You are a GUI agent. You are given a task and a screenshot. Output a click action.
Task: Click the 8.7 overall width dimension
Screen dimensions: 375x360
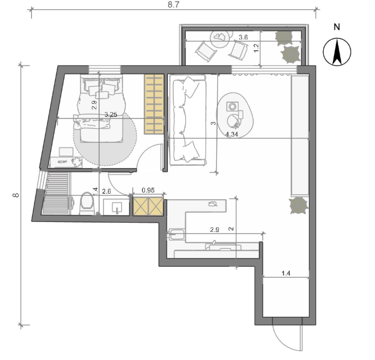[173, 5]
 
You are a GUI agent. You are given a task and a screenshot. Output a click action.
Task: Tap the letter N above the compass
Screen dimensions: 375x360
[337, 27]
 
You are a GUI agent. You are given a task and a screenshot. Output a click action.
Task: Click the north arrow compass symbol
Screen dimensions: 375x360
[337, 52]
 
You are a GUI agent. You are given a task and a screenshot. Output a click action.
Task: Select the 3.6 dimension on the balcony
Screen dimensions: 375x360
[243, 37]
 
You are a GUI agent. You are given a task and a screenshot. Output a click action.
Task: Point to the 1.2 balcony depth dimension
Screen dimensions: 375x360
[256, 48]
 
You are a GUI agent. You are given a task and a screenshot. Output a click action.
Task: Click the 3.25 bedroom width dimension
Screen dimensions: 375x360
[111, 115]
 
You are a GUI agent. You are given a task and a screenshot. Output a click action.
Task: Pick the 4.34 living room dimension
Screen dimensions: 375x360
[232, 135]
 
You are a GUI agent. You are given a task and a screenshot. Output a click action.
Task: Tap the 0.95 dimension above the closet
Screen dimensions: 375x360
[148, 190]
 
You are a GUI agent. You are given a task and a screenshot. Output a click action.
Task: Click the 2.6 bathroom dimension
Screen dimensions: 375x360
[106, 191]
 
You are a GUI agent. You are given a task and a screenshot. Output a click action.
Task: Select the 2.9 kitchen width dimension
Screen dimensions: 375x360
[215, 230]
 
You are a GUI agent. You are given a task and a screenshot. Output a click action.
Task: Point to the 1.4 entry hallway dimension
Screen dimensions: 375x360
[286, 273]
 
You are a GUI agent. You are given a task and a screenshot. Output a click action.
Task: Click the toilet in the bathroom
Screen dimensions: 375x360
[86, 203]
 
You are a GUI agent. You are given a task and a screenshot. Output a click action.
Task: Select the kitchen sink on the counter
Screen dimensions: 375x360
[177, 234]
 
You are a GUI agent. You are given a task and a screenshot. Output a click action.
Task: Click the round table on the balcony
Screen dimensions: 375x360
[220, 38]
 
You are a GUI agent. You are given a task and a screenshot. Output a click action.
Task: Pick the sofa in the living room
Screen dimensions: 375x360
[187, 120]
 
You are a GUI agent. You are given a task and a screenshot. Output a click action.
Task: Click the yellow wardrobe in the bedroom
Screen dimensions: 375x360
[154, 104]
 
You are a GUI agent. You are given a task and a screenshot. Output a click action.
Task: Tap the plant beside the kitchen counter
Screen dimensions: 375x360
[298, 206]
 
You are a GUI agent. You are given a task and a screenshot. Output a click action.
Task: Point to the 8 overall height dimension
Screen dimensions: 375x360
[16, 195]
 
